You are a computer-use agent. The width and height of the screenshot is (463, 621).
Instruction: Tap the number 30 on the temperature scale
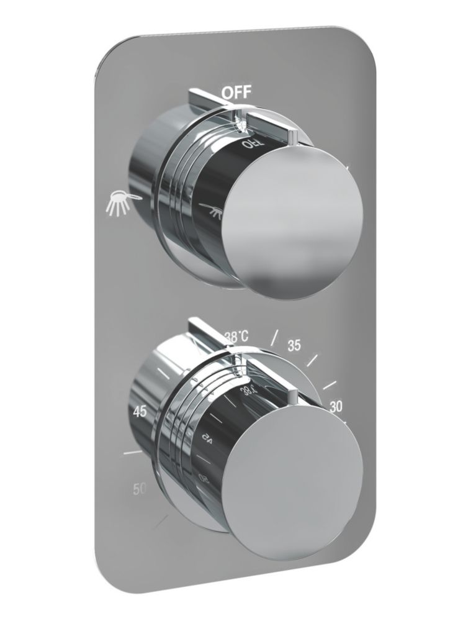(337, 407)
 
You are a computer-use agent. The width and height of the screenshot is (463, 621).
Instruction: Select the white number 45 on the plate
(140, 410)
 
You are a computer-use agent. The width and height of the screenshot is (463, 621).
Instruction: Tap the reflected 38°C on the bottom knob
(249, 389)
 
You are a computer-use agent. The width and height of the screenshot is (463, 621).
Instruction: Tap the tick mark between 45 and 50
(132, 454)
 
